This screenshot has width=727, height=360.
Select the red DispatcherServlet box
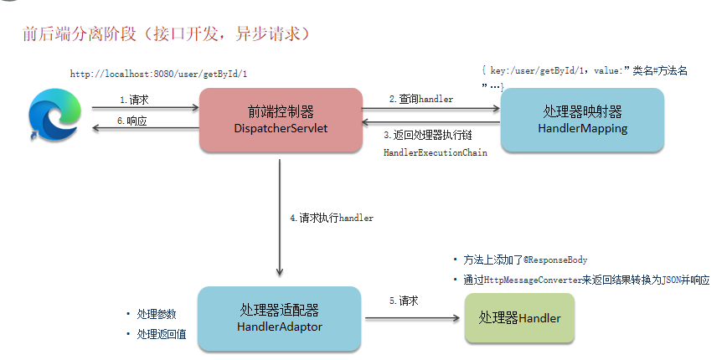tap(280, 119)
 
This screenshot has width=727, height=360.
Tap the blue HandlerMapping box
tap(582, 119)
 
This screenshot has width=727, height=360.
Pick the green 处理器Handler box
tap(519, 318)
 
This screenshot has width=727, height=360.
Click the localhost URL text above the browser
tap(158, 74)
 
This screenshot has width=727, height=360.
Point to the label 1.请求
tap(134, 100)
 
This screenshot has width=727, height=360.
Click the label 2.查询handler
tap(421, 99)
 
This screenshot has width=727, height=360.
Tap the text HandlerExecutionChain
tap(435, 153)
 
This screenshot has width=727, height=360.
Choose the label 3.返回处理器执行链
tap(428, 134)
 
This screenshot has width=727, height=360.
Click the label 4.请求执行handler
tap(332, 218)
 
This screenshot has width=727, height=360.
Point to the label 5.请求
tap(404, 301)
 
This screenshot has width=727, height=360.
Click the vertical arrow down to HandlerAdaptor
tap(279, 218)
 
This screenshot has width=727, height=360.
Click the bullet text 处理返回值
tap(162, 334)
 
